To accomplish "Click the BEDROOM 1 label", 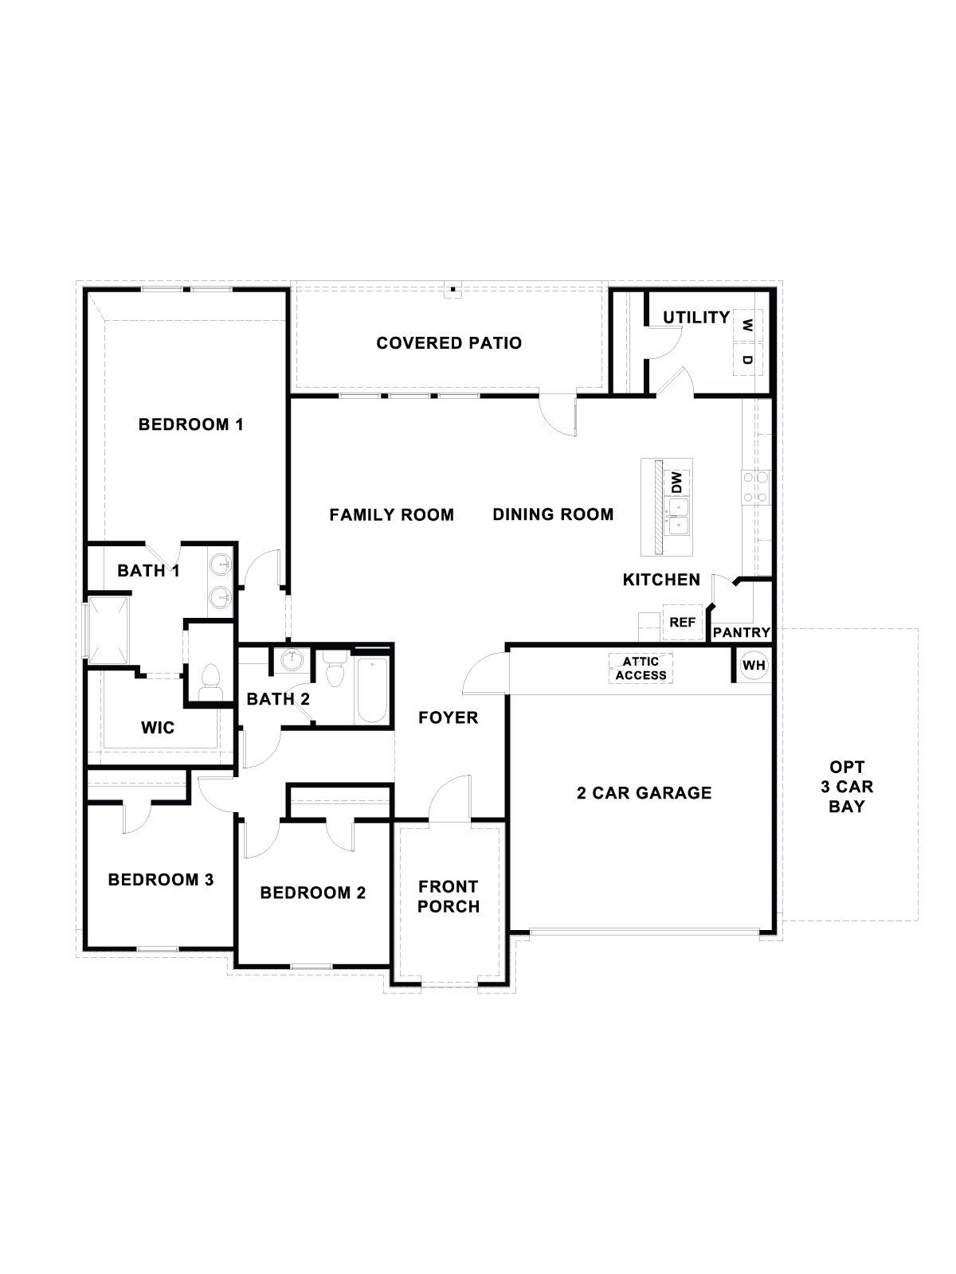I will (190, 424).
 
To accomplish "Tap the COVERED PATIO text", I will (449, 343).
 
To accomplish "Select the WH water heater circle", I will (753, 665).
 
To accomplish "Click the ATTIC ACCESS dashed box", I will (641, 668).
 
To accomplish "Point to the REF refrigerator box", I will (682, 623).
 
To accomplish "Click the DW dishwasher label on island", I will (676, 483).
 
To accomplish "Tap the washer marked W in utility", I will (747, 325).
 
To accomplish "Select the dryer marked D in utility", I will (747, 359).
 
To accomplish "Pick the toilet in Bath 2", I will (334, 671).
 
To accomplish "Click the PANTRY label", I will (741, 633).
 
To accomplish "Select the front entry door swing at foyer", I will (451, 799).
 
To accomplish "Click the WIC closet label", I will (158, 728).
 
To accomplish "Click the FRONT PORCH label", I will (449, 897).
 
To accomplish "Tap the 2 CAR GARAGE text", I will (644, 793).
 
